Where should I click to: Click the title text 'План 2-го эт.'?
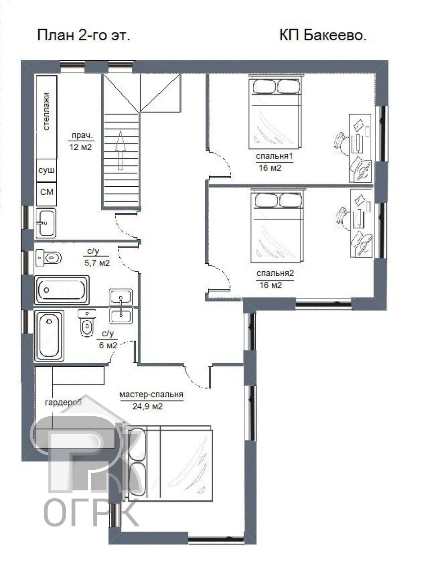click(x=84, y=36)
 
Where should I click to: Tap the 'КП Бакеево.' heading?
click(x=323, y=35)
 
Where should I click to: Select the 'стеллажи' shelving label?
click(x=46, y=111)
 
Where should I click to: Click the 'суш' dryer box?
click(x=46, y=170)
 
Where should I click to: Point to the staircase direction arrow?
click(x=121, y=150)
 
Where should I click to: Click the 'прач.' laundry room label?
click(x=82, y=136)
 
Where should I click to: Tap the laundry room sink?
click(x=46, y=223)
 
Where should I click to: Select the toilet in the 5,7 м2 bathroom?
click(x=49, y=257)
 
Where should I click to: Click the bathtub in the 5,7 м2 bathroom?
click(x=62, y=290)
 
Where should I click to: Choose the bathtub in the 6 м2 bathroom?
click(x=49, y=336)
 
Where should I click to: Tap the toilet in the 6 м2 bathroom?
click(x=87, y=323)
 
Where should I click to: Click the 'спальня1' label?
click(x=274, y=156)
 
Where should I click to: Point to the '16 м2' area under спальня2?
click(x=271, y=285)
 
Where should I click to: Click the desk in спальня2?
click(x=361, y=223)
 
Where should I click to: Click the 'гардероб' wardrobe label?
click(x=63, y=402)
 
